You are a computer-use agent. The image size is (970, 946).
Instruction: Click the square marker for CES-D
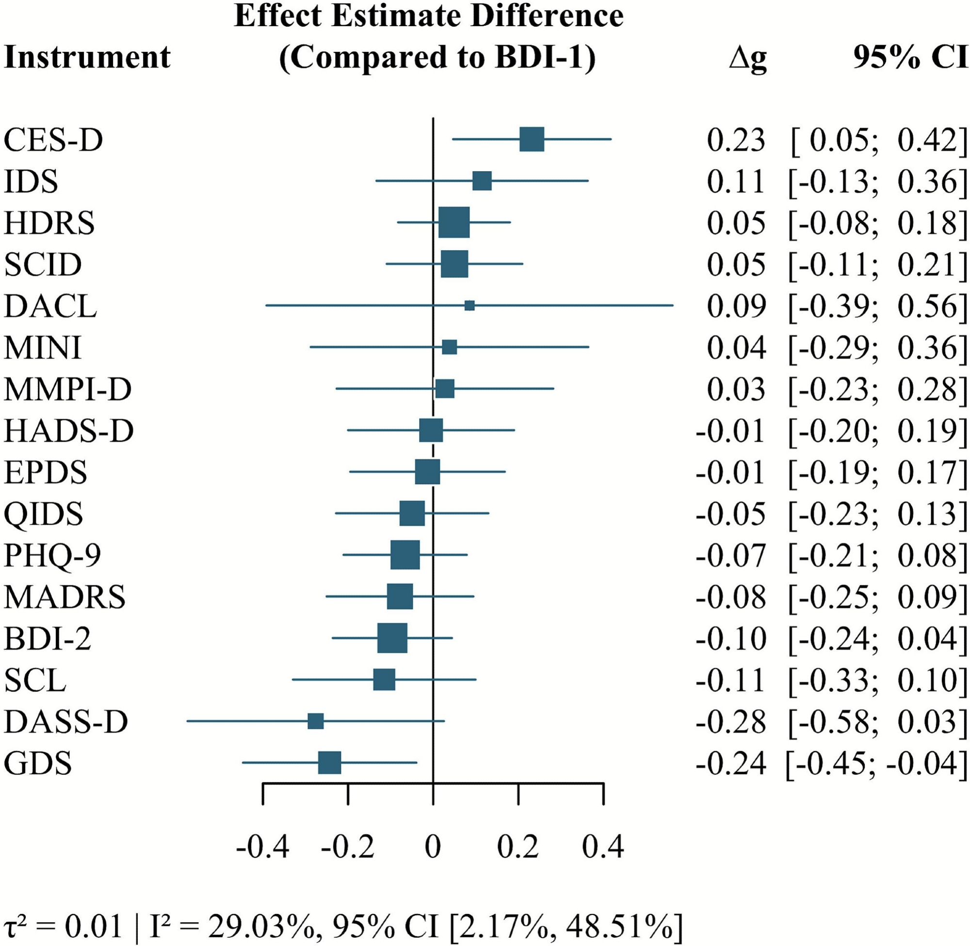pyautogui.click(x=531, y=140)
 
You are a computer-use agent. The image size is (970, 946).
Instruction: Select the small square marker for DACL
pyautogui.click(x=469, y=305)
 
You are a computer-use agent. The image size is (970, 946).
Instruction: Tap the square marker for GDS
pyautogui.click(x=329, y=763)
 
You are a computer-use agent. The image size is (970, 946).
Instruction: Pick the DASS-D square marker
pyautogui.click(x=316, y=721)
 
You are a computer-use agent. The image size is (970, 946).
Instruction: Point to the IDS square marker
pyautogui.click(x=482, y=181)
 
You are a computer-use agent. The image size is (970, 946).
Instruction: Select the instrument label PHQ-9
pyautogui.click(x=53, y=555)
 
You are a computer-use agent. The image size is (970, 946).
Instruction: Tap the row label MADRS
pyautogui.click(x=65, y=597)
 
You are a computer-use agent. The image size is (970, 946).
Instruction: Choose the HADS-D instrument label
pyautogui.click(x=68, y=431)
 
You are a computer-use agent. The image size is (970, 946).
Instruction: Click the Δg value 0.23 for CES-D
pyautogui.click(x=735, y=141)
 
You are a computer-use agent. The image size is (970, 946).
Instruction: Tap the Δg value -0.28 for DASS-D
pyautogui.click(x=730, y=722)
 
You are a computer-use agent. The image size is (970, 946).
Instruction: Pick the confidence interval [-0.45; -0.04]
pyautogui.click(x=876, y=764)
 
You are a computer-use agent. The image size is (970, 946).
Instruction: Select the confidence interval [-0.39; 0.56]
pyautogui.click(x=877, y=306)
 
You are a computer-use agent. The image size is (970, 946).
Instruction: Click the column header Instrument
pyautogui.click(x=87, y=57)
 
